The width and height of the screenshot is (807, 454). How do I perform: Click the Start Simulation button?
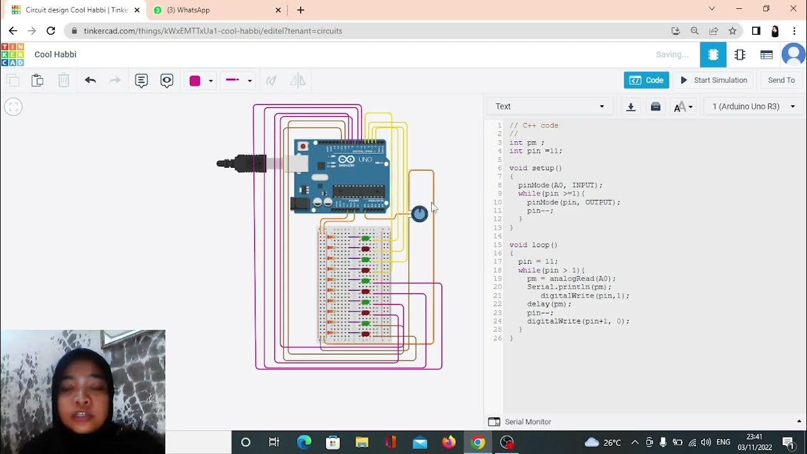[714, 80]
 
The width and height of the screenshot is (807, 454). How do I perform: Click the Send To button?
[781, 80]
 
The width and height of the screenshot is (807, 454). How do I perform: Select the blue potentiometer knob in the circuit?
[419, 214]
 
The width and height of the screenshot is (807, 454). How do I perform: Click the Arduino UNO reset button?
[303, 147]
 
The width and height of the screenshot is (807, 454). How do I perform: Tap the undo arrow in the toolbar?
[90, 80]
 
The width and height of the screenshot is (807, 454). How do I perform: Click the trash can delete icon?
[64, 80]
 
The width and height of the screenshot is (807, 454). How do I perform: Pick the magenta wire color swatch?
[195, 81]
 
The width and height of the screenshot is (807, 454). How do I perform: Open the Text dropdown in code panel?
[550, 107]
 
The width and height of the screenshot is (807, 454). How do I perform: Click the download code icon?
[630, 107]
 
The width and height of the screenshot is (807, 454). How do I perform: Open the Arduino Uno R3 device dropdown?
[753, 107]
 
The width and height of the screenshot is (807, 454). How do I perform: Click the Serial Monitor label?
[528, 422]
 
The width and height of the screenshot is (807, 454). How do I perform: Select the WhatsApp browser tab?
[214, 10]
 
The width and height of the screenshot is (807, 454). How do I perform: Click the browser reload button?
[51, 31]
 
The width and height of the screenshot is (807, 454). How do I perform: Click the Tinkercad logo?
[13, 54]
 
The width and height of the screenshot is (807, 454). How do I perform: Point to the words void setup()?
[535, 168]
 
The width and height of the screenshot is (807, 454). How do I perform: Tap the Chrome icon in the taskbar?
[478, 443]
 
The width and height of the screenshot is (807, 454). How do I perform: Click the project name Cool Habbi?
[55, 54]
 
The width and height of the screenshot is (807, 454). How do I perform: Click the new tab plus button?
[301, 10]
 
